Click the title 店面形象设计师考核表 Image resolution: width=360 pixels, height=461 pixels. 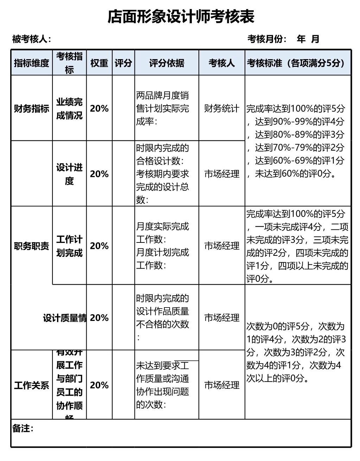click(x=181, y=17)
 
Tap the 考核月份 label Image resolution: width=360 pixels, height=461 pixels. click(x=267, y=39)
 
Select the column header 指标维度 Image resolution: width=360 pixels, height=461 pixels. click(x=32, y=63)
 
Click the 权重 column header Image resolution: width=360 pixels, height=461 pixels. click(x=99, y=63)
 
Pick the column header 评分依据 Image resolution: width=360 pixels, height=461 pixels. click(x=166, y=63)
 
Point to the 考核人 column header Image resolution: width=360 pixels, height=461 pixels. click(x=221, y=63)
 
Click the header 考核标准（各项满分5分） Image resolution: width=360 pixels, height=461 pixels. click(x=298, y=63)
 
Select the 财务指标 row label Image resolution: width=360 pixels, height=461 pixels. click(x=32, y=108)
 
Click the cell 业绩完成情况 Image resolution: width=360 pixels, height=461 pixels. click(x=69, y=108)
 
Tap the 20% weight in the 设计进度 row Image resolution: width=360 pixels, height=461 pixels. click(x=99, y=174)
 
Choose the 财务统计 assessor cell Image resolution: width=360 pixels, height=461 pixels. click(x=221, y=108)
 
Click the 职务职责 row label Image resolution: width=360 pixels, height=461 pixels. click(x=32, y=246)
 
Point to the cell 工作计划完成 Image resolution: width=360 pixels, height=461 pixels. click(x=69, y=246)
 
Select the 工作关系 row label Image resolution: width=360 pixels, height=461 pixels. click(x=32, y=385)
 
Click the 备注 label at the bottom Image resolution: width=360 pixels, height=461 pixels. click(x=23, y=428)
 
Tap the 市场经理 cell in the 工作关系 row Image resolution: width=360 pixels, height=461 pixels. click(x=221, y=385)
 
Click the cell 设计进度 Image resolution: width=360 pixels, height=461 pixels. click(x=69, y=174)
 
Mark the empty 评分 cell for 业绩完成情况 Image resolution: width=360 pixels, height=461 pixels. click(x=123, y=108)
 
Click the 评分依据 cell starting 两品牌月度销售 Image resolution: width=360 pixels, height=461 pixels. click(x=163, y=108)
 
